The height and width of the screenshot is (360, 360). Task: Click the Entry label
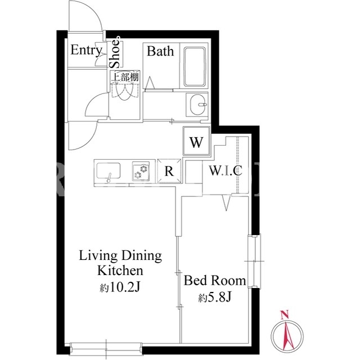86,51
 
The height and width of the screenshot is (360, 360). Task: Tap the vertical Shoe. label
115,52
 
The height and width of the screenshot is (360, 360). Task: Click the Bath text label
160,51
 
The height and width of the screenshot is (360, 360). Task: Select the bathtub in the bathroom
195,67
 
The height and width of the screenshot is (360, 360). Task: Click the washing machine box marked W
196,141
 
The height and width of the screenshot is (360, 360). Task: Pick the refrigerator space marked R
169,171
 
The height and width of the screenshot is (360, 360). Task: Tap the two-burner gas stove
141,172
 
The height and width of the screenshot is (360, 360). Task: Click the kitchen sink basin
109,170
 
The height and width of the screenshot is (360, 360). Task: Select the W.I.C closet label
226,170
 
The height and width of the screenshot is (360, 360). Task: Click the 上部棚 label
125,77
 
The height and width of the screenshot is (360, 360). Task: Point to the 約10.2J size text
120,287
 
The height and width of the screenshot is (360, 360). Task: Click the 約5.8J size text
214,298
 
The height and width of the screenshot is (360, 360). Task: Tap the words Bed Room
215,281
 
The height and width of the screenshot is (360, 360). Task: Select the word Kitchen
120,271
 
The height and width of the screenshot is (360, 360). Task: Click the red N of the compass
285,314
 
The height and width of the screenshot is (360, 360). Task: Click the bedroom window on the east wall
254,261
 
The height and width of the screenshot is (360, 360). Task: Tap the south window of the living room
106,349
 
